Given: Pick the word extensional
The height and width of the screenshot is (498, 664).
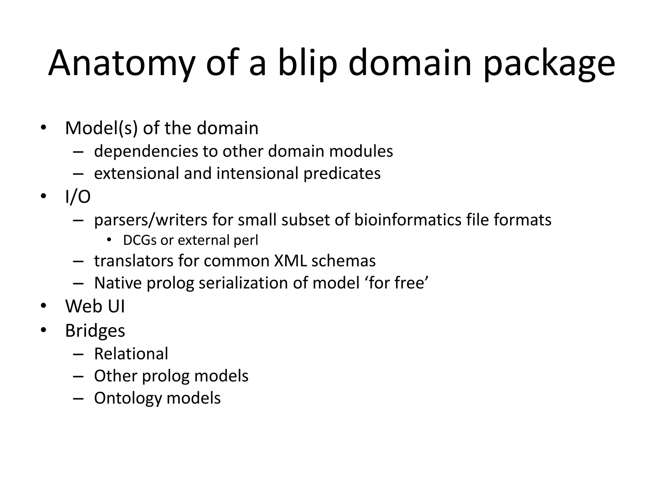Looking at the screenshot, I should click(136, 173).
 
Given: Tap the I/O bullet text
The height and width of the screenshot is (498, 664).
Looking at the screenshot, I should click(78, 196).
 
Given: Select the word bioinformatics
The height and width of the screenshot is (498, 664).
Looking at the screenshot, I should click(408, 220).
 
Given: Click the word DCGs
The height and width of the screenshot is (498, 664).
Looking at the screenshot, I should click(140, 240).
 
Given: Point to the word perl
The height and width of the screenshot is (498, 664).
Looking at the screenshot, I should click(246, 241).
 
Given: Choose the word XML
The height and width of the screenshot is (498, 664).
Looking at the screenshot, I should click(290, 261).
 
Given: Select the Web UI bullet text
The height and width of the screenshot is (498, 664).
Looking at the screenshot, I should click(95, 306).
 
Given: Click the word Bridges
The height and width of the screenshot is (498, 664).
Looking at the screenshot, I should click(95, 331).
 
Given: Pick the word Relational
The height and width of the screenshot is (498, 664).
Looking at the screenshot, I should click(131, 354).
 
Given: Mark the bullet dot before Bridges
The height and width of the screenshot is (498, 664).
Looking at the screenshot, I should click(43, 330).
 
